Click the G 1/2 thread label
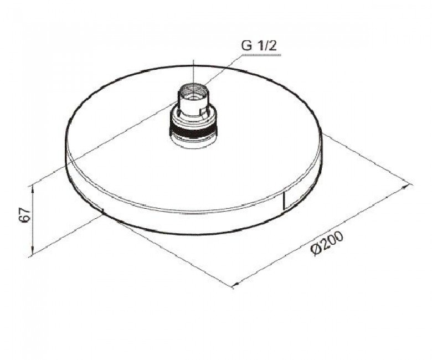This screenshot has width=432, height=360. (259, 46)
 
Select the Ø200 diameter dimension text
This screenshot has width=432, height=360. (327, 244)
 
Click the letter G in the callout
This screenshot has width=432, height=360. (246, 46)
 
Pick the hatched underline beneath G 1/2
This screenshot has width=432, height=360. (261, 55)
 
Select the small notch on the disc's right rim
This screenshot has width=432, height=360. (285, 200)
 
